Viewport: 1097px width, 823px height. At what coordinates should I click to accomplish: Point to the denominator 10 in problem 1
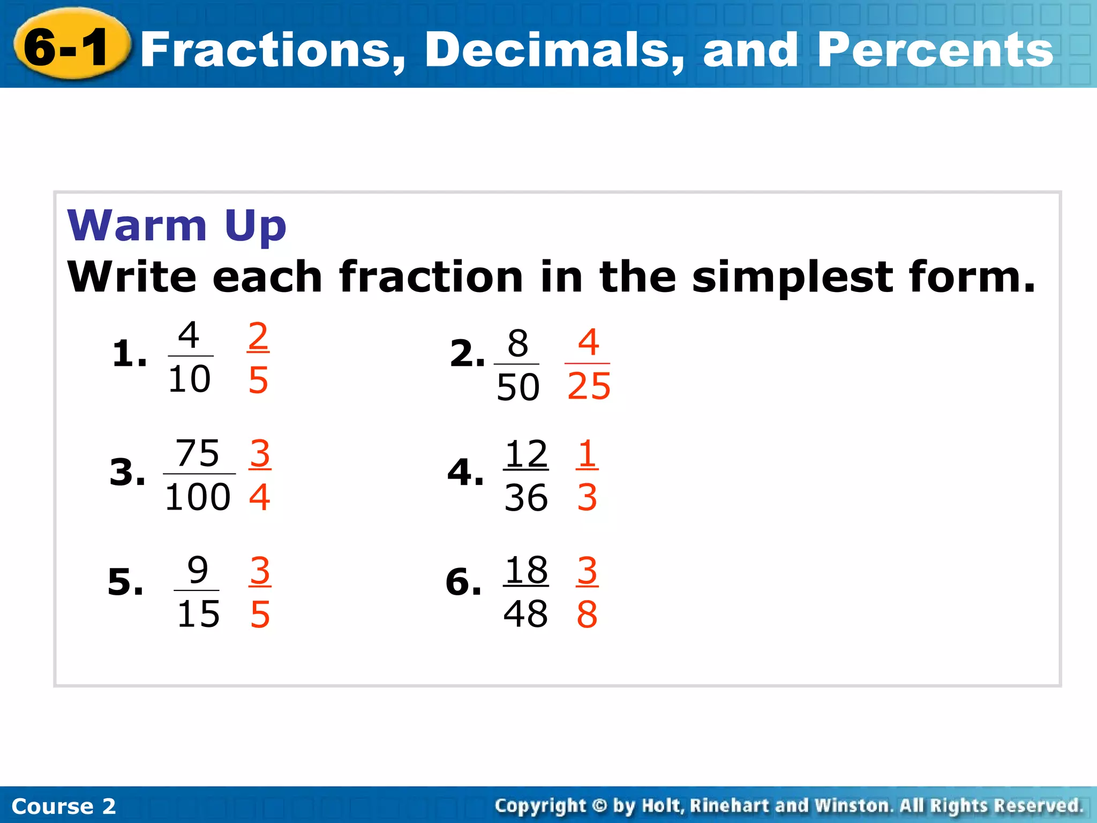(189, 379)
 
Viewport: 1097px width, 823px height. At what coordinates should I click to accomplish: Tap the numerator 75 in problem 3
(198, 453)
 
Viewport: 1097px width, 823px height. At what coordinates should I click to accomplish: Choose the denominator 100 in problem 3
(198, 497)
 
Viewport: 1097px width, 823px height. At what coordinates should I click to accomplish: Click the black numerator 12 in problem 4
(526, 454)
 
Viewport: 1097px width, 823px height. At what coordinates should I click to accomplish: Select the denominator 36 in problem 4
(526, 498)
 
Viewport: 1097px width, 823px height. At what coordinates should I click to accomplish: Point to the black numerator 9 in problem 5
(198, 570)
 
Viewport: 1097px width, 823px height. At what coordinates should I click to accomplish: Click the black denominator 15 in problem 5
(198, 614)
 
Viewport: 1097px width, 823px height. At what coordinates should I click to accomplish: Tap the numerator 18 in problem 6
(526, 570)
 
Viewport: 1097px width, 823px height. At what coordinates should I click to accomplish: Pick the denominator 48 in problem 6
(525, 614)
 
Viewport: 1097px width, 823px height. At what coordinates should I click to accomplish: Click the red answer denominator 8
(587, 615)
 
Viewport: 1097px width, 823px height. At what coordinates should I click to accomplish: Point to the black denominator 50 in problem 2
(517, 387)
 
